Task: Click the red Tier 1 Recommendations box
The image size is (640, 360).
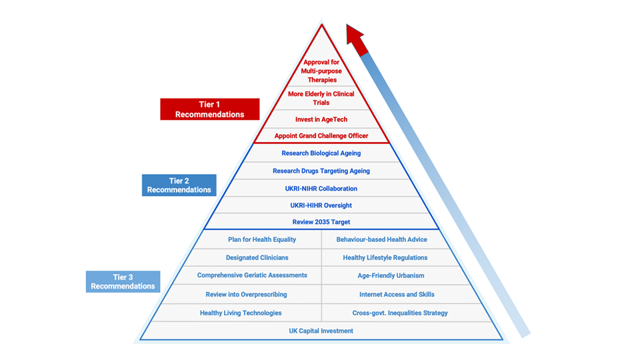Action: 209,109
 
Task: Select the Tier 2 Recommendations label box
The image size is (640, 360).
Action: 179,185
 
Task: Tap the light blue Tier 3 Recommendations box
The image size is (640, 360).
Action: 123,281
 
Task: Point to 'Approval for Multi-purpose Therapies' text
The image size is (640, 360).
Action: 321,71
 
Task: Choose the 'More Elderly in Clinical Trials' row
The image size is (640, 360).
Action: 321,98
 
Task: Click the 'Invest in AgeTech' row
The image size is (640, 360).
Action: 321,119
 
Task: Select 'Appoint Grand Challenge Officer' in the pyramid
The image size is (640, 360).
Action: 321,136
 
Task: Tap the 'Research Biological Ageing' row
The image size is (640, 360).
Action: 321,153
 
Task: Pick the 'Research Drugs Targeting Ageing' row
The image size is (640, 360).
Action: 321,171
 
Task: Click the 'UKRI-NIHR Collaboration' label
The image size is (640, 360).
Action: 321,189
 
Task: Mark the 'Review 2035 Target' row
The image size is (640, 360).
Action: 321,222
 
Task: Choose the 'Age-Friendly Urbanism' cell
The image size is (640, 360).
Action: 391,275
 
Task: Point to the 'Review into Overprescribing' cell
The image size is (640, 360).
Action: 246,294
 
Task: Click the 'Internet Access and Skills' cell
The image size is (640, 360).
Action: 397,294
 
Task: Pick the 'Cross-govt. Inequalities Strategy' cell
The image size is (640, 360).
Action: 400,313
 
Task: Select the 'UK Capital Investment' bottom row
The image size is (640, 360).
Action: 321,331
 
